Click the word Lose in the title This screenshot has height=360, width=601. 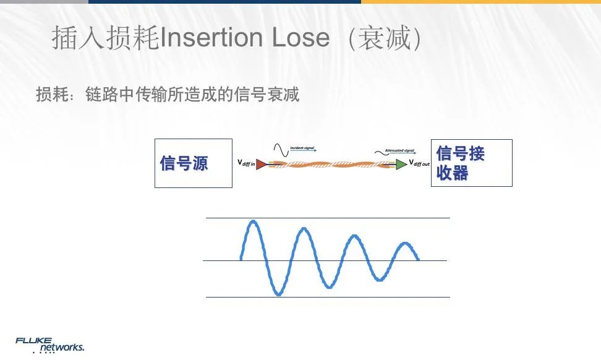tap(300, 38)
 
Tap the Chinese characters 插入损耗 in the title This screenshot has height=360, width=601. tap(105, 38)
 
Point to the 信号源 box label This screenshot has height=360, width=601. tap(184, 163)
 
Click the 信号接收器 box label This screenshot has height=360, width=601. tap(460, 163)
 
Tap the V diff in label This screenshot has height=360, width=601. tap(246, 163)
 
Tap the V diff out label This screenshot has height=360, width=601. tap(419, 163)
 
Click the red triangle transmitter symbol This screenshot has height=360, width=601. tap(261, 164)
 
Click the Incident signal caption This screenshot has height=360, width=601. tap(302, 148)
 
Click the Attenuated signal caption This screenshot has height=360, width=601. tap(399, 150)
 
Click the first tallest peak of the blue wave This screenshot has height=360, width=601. tap(252, 221)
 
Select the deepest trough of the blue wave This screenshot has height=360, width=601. tap(278, 294)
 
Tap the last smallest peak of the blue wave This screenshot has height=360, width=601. tap(406, 243)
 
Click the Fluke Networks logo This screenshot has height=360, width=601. tap(49, 345)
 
